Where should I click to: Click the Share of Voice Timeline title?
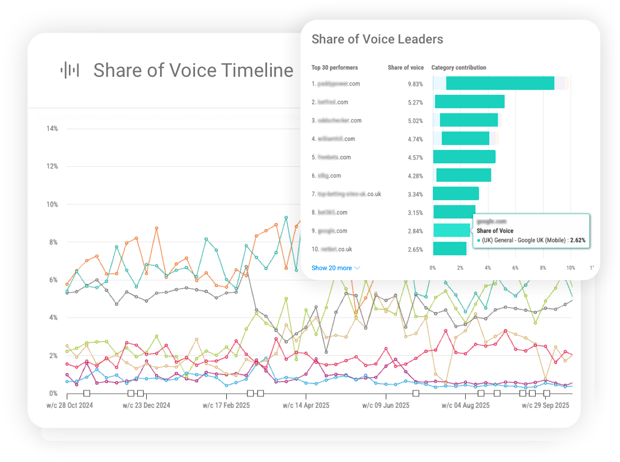click(193, 70)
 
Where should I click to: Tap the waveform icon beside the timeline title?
click(70, 70)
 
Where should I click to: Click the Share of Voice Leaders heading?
click(377, 39)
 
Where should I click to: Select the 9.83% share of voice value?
click(415, 84)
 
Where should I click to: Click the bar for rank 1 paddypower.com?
click(500, 83)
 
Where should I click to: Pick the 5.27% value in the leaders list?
click(415, 102)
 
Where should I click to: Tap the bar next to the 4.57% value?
click(464, 157)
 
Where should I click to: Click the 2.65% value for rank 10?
click(415, 250)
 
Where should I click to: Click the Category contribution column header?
click(458, 67)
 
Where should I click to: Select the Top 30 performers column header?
click(334, 67)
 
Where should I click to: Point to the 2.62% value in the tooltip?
click(578, 240)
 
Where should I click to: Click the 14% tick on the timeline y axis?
click(52, 129)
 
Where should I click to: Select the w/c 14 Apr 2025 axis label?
click(306, 405)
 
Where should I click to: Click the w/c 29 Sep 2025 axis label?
click(545, 405)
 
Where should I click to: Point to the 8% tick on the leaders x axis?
click(543, 268)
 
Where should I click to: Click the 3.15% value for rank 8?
click(415, 213)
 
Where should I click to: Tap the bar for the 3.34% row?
click(456, 194)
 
